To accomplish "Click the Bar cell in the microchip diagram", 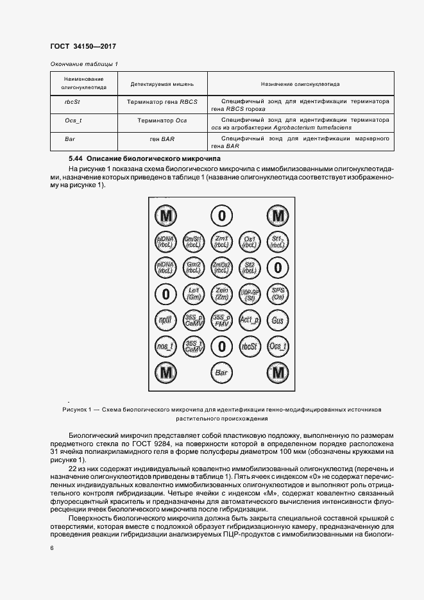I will pos(221,372).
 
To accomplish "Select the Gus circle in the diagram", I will pos(277,319).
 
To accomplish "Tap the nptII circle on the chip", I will pos(166,319).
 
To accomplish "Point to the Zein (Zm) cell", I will pos(221,293).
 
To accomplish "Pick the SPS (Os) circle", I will pos(277,293).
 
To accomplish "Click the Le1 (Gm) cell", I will pos(193,293).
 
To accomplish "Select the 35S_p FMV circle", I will pos(221,319).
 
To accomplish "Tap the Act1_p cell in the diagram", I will pos(249,319).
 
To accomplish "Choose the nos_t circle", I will pos(166,346).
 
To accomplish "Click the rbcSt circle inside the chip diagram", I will pos(249,346).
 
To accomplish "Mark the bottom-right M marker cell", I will pos(277,372).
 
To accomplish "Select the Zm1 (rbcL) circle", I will pos(221,242).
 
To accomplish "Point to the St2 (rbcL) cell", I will pos(249,267).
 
